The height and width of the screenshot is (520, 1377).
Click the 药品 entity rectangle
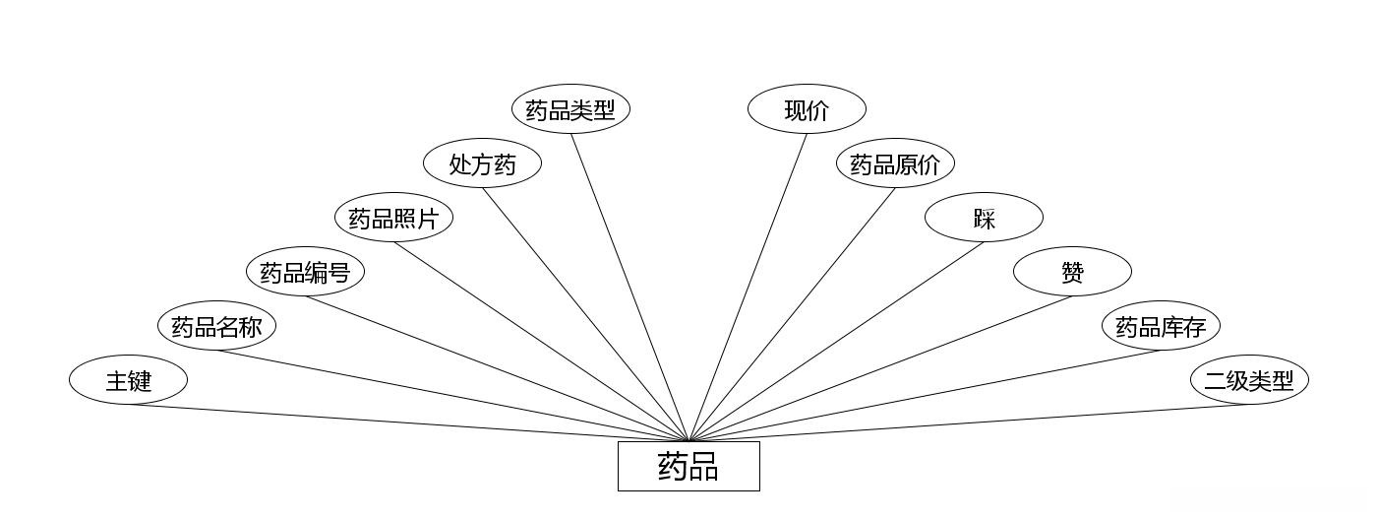point(688,466)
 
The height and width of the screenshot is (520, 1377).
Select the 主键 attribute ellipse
point(128,380)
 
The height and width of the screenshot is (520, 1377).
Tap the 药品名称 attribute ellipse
point(216,326)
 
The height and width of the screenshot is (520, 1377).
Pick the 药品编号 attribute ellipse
point(305,272)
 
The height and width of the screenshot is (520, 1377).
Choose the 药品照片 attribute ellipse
point(393,218)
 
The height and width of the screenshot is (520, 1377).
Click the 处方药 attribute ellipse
point(482,163)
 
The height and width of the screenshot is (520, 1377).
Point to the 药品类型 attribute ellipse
point(570,109)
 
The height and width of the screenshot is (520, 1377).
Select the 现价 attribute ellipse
point(807,109)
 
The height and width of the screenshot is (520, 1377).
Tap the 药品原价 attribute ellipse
point(895,163)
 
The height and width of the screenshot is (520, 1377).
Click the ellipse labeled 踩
point(984,218)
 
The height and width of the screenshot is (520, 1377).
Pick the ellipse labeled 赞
point(1072,272)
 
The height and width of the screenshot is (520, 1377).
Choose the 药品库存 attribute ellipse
point(1161,326)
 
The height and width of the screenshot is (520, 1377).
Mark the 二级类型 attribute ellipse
point(1249,380)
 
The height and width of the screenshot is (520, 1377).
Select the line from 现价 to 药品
point(748,288)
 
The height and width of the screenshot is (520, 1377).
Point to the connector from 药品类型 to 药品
point(629,288)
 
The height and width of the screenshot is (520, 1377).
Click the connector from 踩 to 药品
point(836,342)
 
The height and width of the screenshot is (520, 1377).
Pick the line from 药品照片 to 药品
point(541,342)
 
